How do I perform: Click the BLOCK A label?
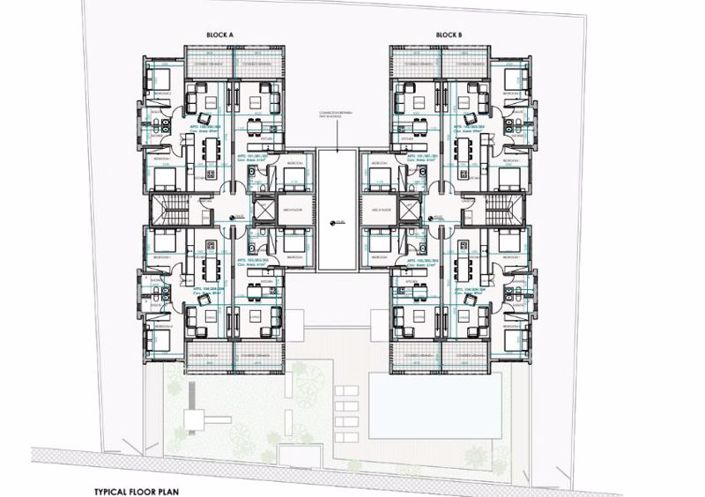click(x=219, y=35)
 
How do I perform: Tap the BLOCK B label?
click(x=449, y=35)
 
